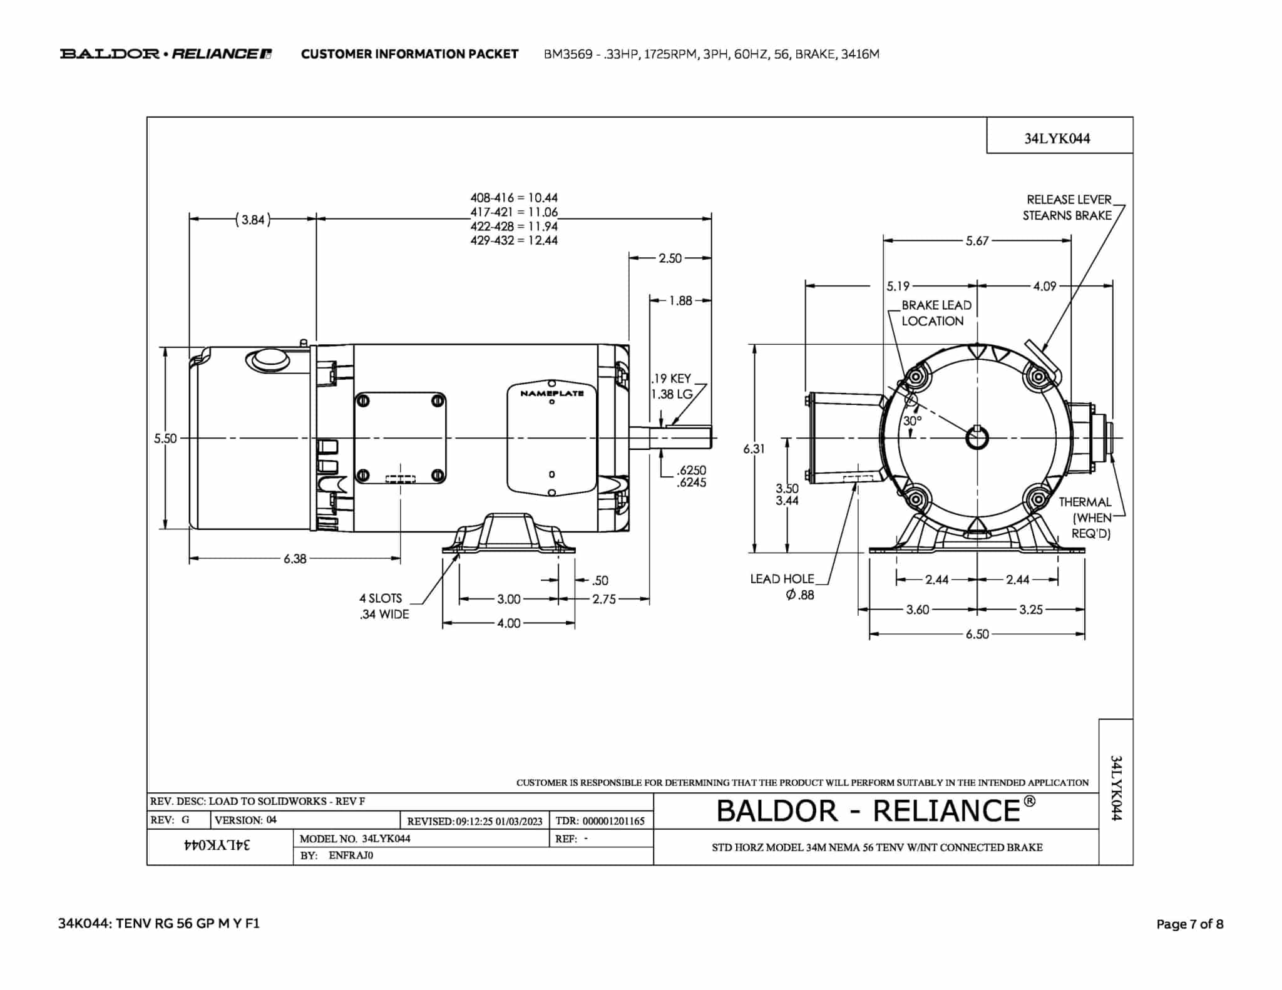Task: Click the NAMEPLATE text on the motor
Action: pos(551,394)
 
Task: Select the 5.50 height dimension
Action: pos(165,439)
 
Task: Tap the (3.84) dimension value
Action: pos(253,220)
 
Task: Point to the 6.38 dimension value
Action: pos(295,559)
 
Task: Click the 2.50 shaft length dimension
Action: pos(670,258)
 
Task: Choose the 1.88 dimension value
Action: pos(680,300)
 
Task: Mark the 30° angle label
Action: pos(912,421)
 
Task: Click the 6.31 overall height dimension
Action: pos(754,449)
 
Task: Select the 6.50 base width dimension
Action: pos(977,634)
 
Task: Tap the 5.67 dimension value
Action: pos(977,241)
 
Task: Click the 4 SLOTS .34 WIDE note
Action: pos(384,606)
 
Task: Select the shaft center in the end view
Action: pos(977,438)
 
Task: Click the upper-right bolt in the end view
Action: pos(1038,377)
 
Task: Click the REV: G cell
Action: pos(178,820)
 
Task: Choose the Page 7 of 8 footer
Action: pos(1189,924)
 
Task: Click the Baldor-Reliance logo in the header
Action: pos(166,54)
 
